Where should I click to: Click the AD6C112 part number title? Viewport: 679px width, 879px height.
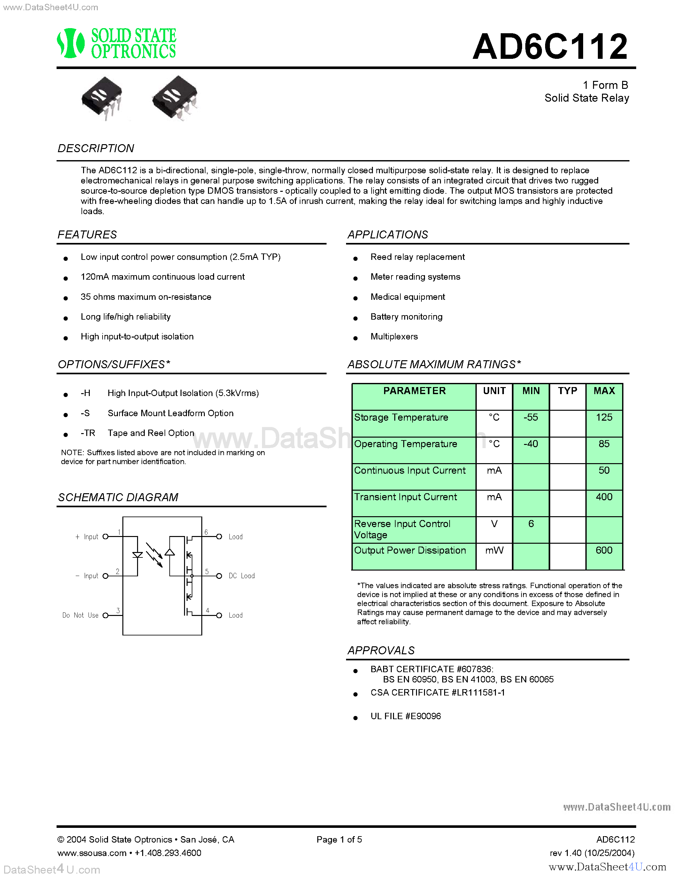(550, 47)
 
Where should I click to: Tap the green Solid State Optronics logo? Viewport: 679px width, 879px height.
(117, 43)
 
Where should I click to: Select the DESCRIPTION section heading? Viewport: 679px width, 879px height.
(96, 149)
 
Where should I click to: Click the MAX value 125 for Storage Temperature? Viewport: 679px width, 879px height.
(604, 417)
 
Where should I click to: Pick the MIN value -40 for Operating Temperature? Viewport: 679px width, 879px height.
(530, 444)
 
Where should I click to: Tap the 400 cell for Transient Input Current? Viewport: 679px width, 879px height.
(604, 497)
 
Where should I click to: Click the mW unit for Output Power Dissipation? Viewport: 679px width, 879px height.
(494, 550)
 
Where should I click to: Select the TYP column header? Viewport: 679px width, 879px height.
(567, 391)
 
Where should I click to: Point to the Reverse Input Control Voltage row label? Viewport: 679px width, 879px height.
(402, 529)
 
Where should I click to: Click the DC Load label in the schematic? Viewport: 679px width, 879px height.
(241, 576)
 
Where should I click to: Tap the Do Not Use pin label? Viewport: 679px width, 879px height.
(81, 615)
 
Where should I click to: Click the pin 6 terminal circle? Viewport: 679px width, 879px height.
(219, 536)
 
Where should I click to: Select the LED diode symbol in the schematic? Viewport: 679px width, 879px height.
(138, 556)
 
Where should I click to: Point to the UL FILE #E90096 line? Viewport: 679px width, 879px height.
(405, 716)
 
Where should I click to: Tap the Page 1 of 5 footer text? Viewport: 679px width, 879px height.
(339, 840)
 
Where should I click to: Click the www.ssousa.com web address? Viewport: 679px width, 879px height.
(92, 853)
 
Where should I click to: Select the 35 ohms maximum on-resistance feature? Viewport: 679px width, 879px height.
(146, 297)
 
